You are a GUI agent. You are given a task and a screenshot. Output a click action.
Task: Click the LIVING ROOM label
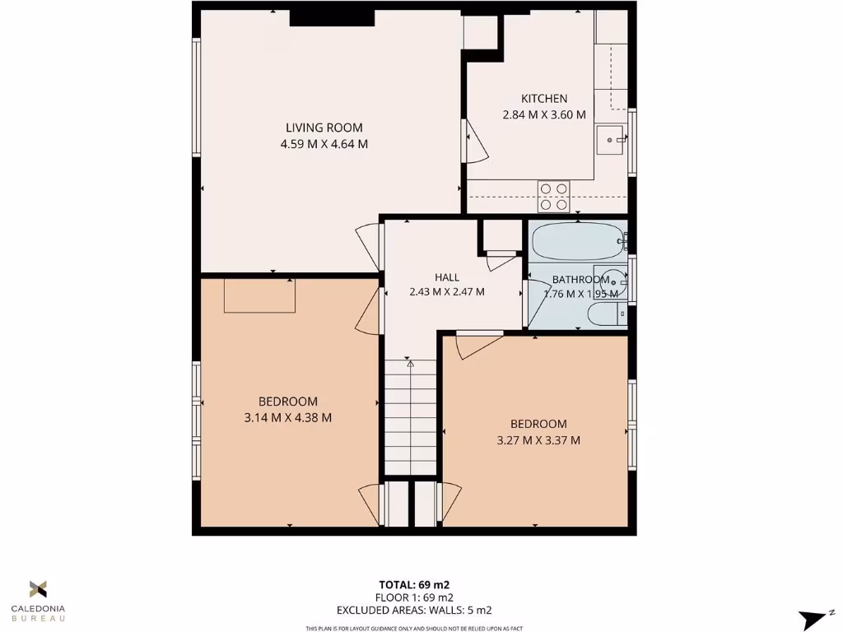324,128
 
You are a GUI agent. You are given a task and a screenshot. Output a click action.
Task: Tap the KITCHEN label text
543,99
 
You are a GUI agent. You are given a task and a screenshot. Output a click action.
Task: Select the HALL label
447,277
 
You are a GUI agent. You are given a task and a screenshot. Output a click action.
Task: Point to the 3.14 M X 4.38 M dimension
288,417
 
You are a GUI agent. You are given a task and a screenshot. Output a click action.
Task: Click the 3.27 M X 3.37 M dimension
538,440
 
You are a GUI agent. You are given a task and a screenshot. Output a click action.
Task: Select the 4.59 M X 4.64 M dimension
324,144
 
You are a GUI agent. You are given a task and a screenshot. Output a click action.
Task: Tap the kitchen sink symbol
612,140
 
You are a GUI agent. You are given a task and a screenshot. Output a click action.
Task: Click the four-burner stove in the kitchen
554,197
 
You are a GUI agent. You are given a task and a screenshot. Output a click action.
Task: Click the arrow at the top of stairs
410,363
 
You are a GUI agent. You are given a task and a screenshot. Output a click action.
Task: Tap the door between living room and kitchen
475,142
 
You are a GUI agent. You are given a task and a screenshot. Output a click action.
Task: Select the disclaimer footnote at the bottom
413,629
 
